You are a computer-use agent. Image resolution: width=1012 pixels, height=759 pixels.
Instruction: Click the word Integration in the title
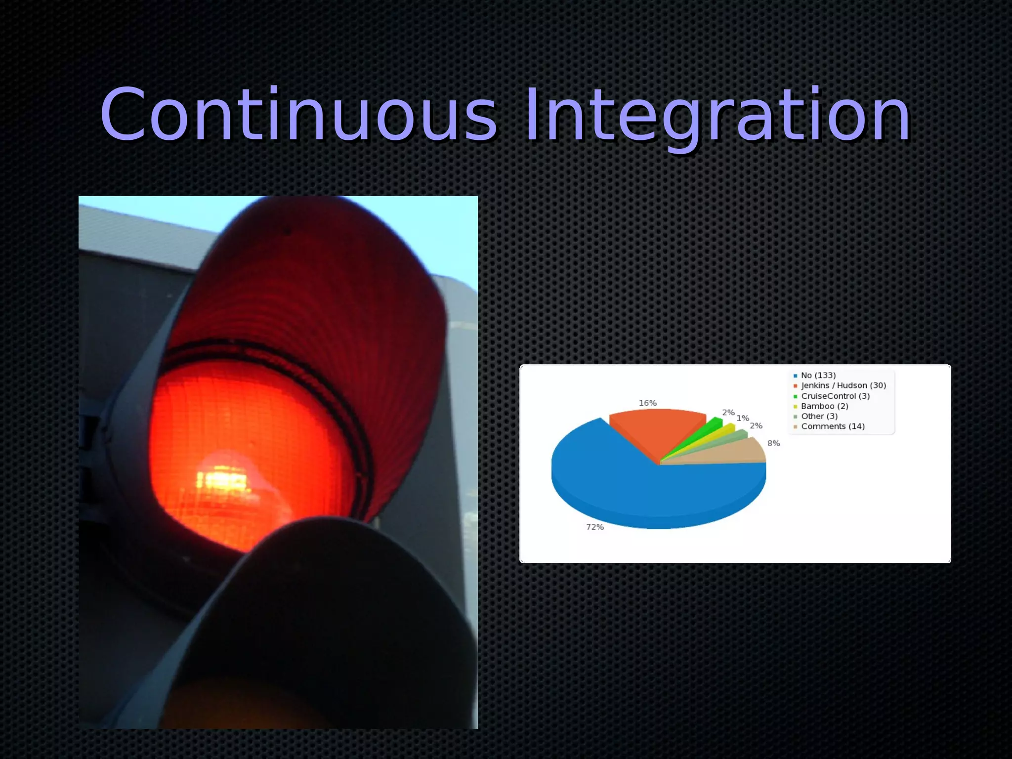(x=717, y=115)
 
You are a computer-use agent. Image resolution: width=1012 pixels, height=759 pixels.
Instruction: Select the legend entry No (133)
(x=818, y=376)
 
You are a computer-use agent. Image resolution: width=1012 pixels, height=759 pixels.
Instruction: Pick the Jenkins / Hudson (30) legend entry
(x=843, y=385)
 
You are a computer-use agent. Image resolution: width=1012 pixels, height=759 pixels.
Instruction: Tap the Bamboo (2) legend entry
(x=824, y=406)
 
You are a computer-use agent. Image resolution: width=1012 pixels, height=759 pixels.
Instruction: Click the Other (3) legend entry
(x=819, y=416)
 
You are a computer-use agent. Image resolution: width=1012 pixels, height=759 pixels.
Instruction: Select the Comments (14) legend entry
(x=832, y=426)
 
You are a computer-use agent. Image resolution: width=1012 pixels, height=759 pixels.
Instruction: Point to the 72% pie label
(x=595, y=527)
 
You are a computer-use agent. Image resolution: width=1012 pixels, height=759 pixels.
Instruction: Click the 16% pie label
(x=647, y=403)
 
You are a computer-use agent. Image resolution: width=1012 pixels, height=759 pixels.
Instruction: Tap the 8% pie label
(x=773, y=443)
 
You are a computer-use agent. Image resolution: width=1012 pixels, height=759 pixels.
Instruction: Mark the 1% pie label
(x=743, y=418)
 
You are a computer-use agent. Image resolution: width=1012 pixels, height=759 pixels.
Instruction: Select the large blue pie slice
(x=642, y=489)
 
